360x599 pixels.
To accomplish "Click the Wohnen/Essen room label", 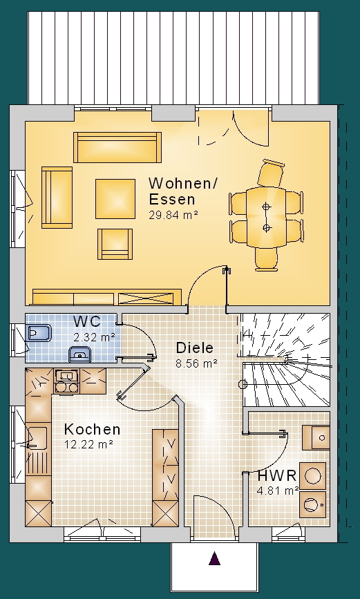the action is (182, 191).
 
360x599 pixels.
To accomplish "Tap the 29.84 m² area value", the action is (173, 215).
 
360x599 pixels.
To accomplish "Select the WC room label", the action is (87, 322).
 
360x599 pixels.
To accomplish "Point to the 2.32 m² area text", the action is (94, 337).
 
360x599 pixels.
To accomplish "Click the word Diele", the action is (195, 348).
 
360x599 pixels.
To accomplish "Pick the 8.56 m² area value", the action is (196, 363).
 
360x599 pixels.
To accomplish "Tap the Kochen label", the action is (92, 429).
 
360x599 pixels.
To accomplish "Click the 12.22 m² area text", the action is (88, 444).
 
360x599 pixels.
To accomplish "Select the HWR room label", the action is (277, 476).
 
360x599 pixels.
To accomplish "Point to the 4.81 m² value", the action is (278, 491).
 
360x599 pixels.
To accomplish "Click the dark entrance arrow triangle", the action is (214, 558).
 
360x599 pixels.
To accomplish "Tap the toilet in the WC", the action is (39, 333).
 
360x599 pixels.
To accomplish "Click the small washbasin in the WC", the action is (79, 354).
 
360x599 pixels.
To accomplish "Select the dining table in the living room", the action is (266, 218).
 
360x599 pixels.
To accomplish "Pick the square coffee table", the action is (115, 199).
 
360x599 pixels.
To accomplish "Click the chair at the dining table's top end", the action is (271, 173).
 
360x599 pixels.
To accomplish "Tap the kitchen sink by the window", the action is (38, 438).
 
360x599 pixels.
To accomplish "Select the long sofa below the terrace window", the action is (117, 147).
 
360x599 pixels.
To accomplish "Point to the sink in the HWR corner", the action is (316, 437).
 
